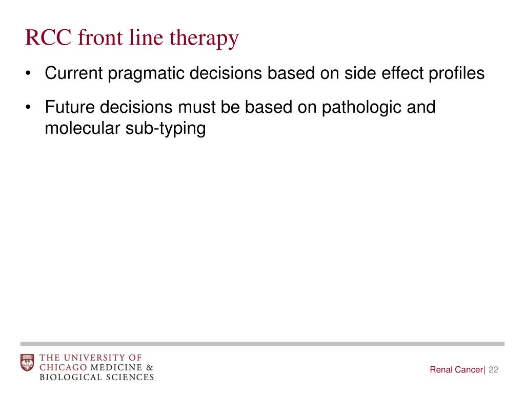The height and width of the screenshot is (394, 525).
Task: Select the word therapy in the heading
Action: pos(211,39)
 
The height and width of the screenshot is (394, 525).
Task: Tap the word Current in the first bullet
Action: pos(73,73)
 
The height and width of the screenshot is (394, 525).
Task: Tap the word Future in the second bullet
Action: pos(70,107)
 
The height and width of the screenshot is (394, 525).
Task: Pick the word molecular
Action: pos(82,128)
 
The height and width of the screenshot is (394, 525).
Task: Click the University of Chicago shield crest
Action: pos(27,363)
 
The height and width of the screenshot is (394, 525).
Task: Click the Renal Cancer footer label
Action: pos(456,370)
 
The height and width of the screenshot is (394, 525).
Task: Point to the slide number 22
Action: pos(494,370)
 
